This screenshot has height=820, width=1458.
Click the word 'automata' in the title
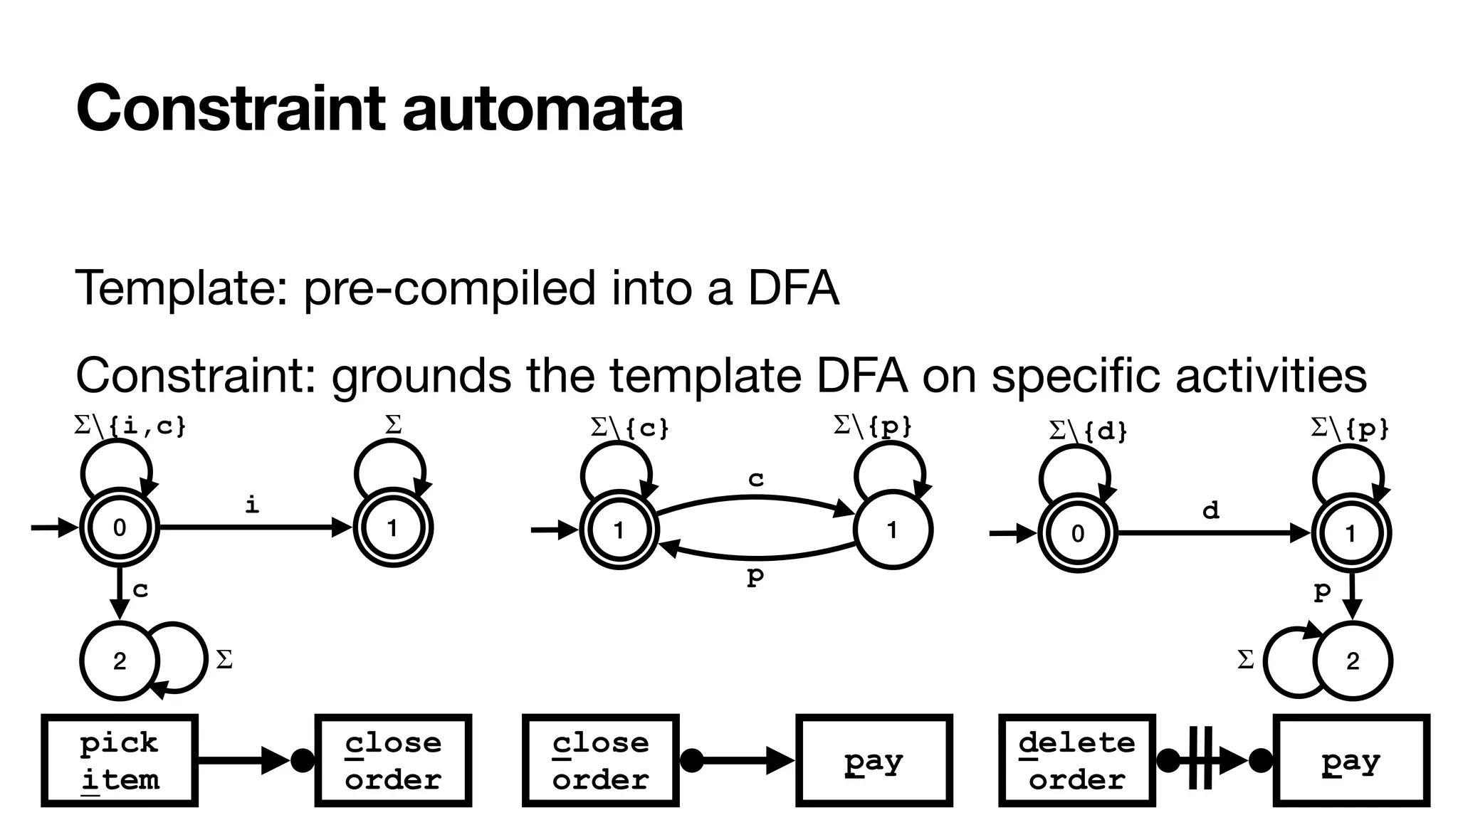pos(542,108)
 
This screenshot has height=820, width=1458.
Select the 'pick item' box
pos(120,761)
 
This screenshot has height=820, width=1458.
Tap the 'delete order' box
pos(1076,761)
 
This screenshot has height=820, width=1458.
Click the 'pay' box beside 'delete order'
pos(1351,761)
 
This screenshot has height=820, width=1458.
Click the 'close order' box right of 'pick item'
pos(393,761)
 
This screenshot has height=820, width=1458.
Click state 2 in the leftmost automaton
pos(119,661)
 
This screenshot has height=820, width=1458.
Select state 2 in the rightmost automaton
pos(1352,661)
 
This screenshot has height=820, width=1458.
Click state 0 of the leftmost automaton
pos(119,527)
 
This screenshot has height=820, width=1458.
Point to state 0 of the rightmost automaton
pos(1077,533)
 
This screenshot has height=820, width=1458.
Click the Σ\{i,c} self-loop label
pos(130,426)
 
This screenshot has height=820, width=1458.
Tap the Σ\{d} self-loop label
pos(1088,431)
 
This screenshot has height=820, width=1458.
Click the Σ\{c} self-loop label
pos(630,428)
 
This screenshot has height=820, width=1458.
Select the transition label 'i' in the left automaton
pos(251,505)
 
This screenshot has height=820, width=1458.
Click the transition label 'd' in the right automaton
pos(1210,510)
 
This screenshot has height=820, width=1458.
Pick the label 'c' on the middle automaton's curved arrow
pos(755,479)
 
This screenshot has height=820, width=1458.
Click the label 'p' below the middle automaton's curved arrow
pos(755,575)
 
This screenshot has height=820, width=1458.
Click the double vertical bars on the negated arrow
pos(1200,760)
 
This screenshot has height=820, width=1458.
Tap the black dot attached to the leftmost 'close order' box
pos(303,760)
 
